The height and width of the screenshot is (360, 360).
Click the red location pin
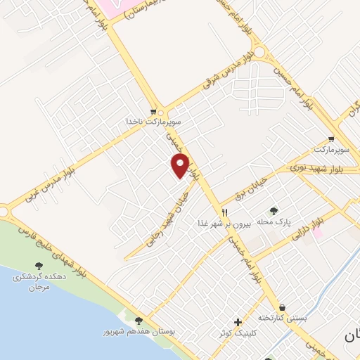click(181, 166)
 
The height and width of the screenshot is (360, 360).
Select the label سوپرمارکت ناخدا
click(154, 122)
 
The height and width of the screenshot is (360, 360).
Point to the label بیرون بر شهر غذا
click(224, 222)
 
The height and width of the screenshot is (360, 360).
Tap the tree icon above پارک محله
click(274, 211)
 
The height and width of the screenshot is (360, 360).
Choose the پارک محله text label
click(274, 222)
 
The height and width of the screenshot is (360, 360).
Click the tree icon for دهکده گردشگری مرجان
click(39, 266)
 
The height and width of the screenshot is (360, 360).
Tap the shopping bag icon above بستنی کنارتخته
click(282, 307)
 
